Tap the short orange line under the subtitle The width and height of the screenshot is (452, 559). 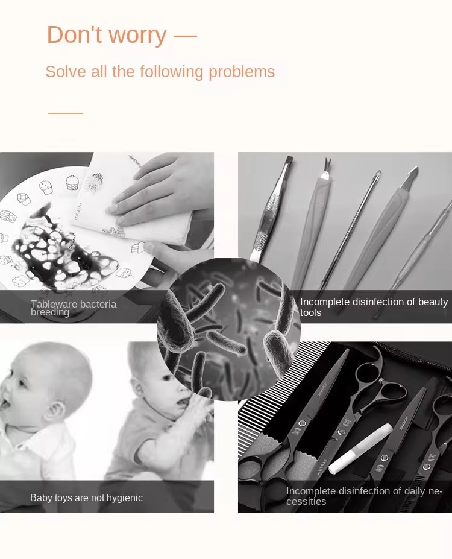[x=65, y=113]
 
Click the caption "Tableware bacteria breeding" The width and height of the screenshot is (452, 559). [x=73, y=308]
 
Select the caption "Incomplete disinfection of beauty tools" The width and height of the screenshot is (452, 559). [x=374, y=307]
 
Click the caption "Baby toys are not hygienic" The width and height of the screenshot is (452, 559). [x=86, y=497]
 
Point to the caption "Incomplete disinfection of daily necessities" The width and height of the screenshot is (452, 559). [x=364, y=496]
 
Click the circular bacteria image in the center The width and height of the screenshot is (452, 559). [x=229, y=329]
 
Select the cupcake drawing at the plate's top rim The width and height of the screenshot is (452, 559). [x=72, y=182]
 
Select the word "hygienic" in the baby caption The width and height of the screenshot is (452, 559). [x=123, y=497]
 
